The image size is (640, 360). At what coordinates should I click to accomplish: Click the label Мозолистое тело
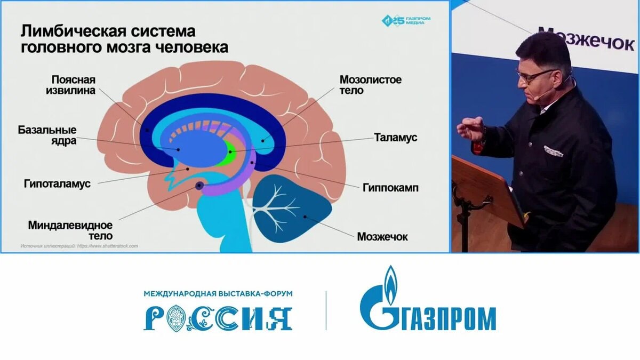click(371, 85)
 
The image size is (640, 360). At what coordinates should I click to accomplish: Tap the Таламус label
click(397, 137)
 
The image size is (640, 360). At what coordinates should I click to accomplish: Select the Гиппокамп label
click(390, 188)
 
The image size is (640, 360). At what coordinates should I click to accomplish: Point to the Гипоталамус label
click(57, 183)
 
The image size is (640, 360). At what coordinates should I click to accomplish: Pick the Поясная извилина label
click(74, 85)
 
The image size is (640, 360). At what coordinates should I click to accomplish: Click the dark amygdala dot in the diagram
click(199, 186)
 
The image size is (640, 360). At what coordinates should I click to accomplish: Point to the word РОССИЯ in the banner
click(218, 318)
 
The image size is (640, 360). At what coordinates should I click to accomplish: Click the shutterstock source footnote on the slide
click(79, 246)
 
